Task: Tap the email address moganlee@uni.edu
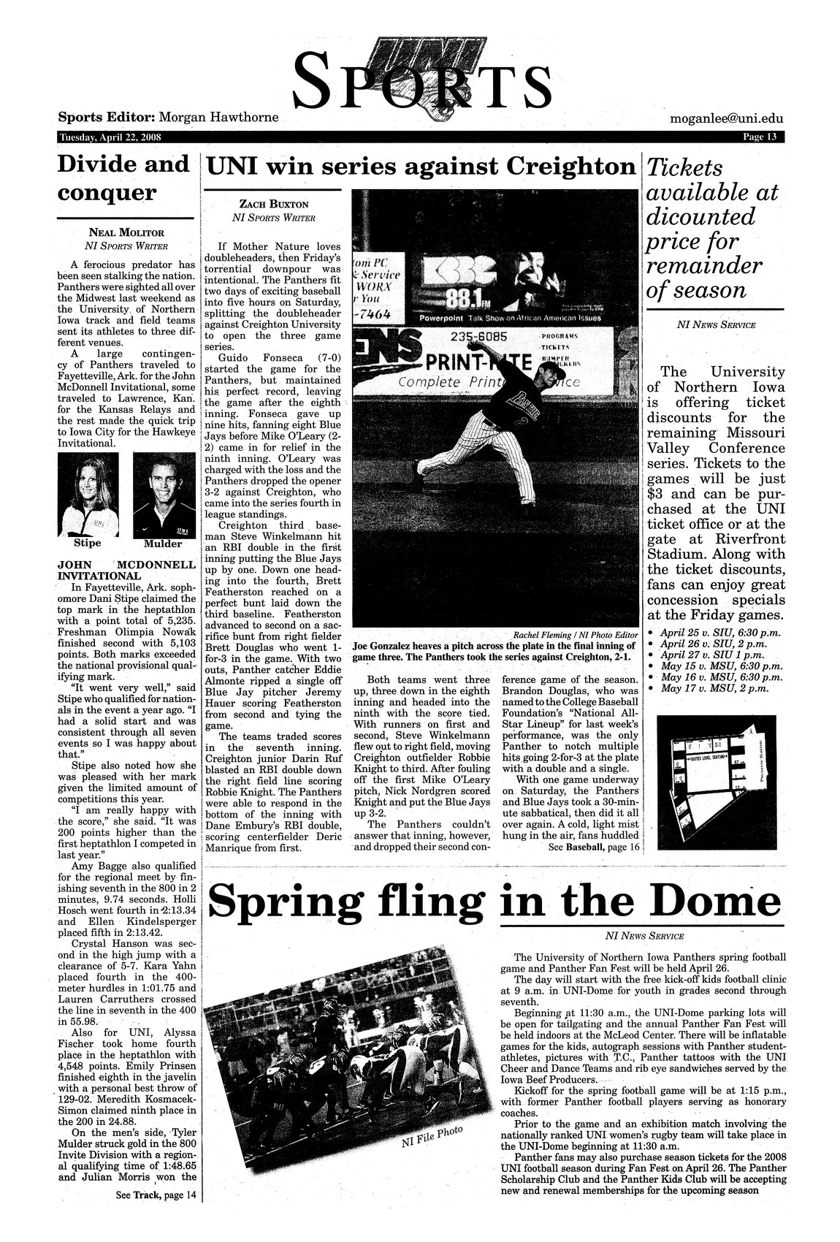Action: coord(726,118)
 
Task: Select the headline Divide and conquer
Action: coord(123,179)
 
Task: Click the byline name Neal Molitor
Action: coord(126,232)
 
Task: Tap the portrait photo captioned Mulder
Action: coord(164,495)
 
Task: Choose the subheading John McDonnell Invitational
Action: coord(126,570)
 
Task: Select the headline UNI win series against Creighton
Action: coord(421,167)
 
